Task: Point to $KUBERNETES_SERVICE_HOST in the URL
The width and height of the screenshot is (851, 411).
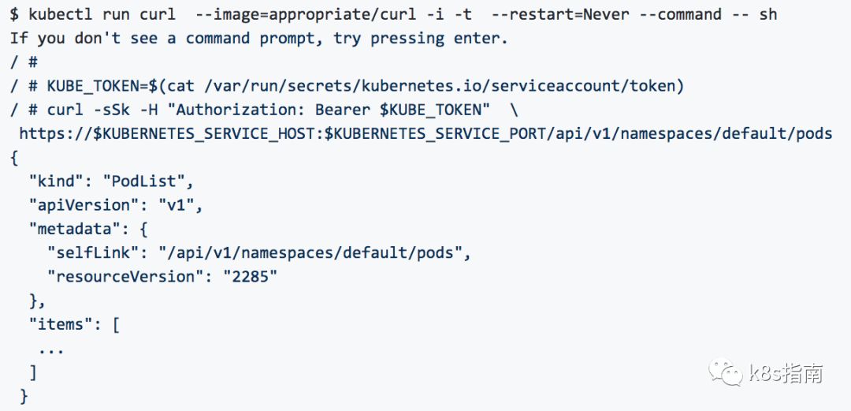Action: [x=204, y=133]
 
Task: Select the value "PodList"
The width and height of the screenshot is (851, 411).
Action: [x=148, y=181]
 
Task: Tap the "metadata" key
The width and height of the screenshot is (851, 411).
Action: [x=69, y=229]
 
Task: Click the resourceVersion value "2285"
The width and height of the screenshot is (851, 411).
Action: [x=250, y=276]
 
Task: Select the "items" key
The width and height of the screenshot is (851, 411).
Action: [x=60, y=323]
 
